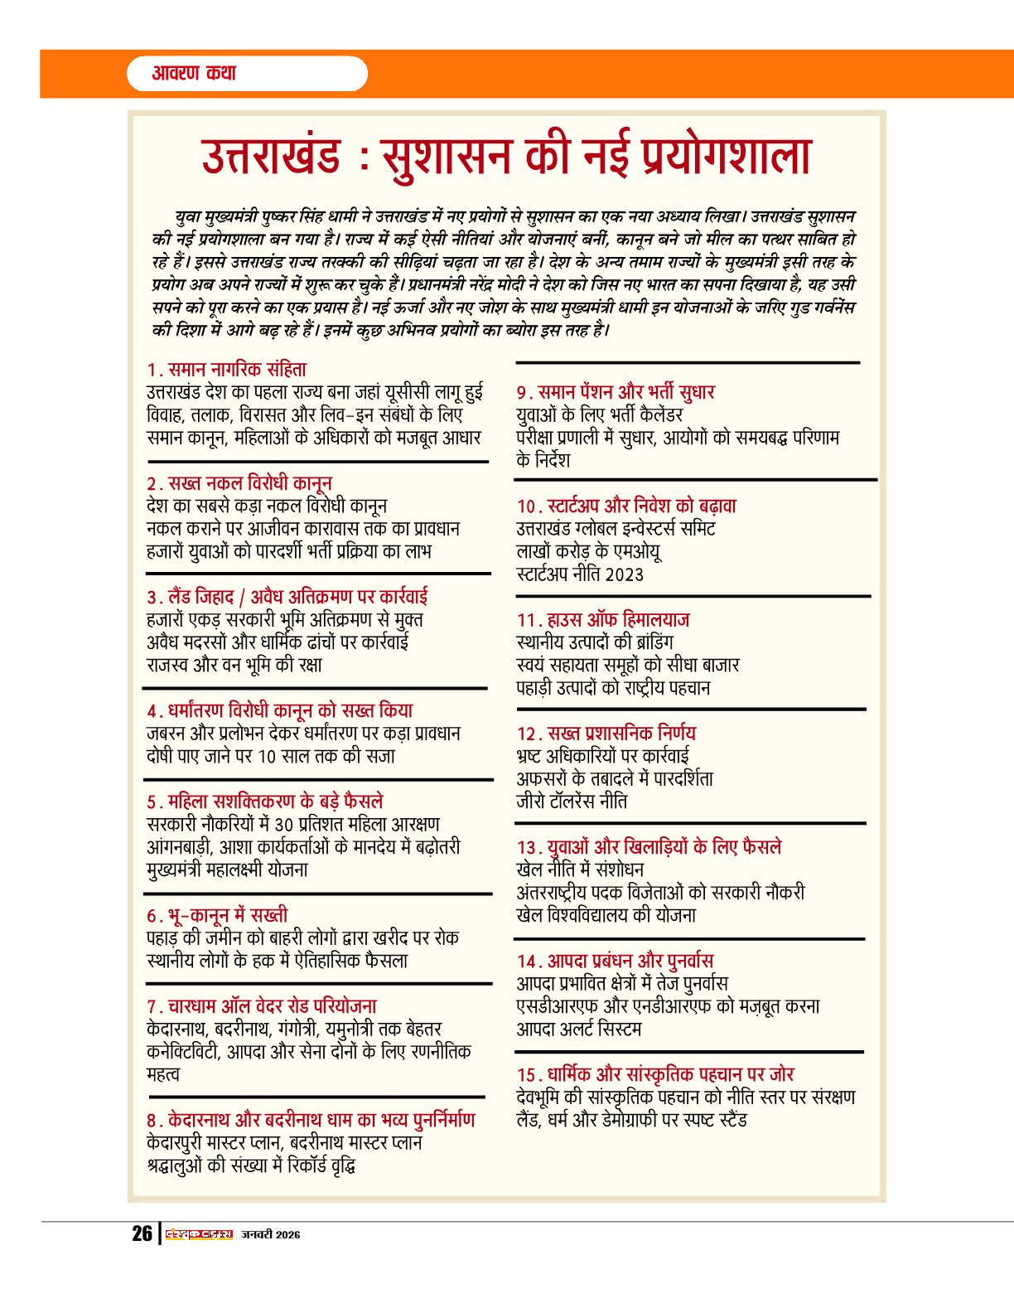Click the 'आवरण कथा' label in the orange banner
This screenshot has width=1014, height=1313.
194,73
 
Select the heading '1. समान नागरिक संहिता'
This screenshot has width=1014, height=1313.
227,370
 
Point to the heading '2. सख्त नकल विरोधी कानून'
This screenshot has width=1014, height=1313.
239,483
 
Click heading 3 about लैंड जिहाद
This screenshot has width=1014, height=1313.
287,597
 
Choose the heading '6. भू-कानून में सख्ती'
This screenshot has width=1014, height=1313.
217,915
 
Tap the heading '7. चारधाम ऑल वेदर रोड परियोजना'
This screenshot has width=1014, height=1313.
262,1006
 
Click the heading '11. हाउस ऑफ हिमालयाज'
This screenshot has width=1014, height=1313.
603,620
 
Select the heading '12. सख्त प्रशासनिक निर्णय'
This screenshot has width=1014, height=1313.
606,734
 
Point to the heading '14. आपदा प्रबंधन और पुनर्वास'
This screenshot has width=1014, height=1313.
615,961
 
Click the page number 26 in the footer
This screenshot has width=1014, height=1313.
142,1233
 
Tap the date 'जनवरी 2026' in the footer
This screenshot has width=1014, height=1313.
271,1234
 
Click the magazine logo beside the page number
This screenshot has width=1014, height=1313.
199,1234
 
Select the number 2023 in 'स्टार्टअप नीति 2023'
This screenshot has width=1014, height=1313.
624,574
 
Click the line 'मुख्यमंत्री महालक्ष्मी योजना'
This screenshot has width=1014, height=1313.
227,870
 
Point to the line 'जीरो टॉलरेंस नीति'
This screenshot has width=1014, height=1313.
572,802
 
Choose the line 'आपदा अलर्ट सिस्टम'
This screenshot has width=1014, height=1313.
579,1029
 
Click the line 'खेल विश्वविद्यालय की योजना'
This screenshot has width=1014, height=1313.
606,915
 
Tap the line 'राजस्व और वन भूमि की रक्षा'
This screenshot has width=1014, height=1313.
234,665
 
